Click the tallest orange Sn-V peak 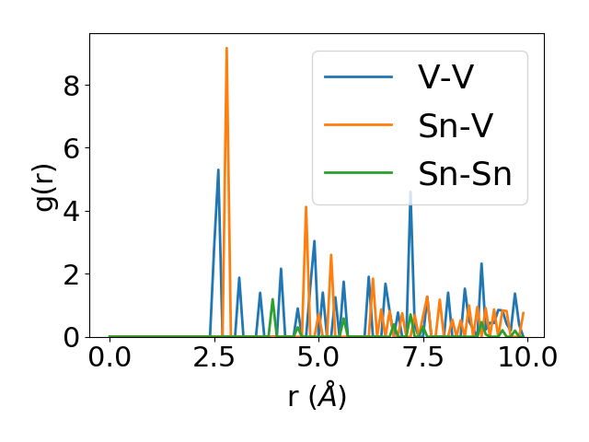coord(226,49)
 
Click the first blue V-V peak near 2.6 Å coord(218,170)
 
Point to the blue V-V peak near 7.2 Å coord(410,192)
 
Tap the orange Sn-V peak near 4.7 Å coord(306,207)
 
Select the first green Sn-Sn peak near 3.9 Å coord(272,300)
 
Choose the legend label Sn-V coord(455,126)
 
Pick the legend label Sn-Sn coord(465,174)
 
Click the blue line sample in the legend coord(358,78)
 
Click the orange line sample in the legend coord(358,126)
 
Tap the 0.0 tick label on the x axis coord(110,358)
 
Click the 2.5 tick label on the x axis coord(214,358)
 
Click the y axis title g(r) coord(45,185)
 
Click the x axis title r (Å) coord(316,397)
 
